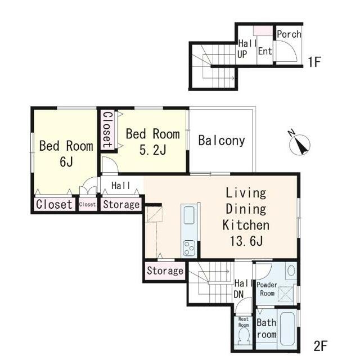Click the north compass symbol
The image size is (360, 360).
(x=299, y=145)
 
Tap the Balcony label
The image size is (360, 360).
(x=222, y=141)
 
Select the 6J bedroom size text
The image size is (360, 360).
(x=66, y=162)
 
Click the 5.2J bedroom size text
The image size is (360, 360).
(x=153, y=150)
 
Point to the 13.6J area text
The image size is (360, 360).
(x=246, y=241)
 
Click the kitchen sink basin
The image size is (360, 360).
(x=189, y=215)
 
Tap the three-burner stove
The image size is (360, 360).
(x=189, y=248)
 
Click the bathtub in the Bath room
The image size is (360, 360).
(x=287, y=328)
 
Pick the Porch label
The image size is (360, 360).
(x=289, y=34)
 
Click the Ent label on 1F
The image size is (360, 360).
(x=265, y=51)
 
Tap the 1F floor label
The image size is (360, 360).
(x=314, y=62)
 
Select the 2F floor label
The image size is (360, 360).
(x=320, y=346)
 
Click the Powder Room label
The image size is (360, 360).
(x=267, y=289)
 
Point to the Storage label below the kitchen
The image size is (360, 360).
(x=165, y=271)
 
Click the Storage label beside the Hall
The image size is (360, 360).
(x=121, y=204)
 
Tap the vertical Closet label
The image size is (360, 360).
(x=107, y=130)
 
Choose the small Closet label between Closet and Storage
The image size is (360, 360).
(x=87, y=204)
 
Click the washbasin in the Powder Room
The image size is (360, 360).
(x=291, y=271)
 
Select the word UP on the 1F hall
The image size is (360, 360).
(x=242, y=55)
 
